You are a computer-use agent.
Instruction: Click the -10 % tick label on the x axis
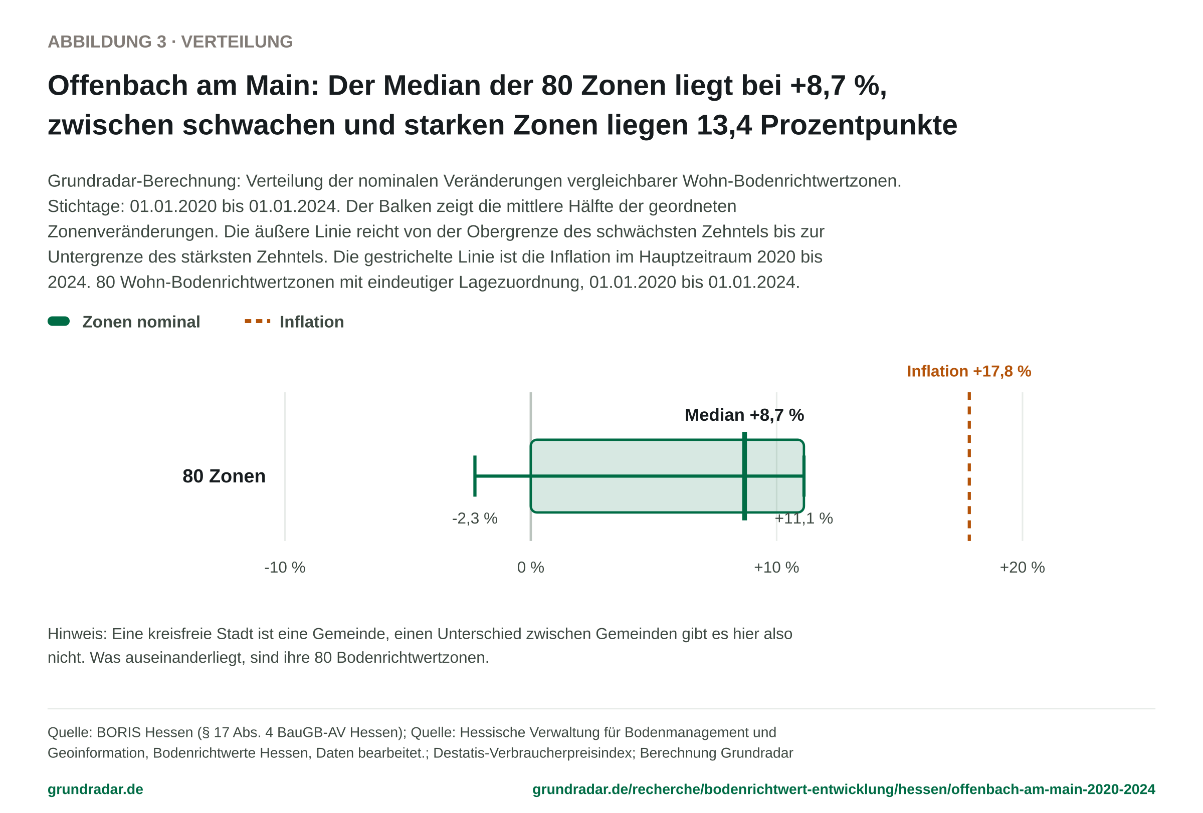(x=285, y=568)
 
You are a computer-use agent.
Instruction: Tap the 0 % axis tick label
(x=531, y=568)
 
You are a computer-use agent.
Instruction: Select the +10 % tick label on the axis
(x=776, y=568)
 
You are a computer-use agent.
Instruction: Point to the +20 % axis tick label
(x=1023, y=568)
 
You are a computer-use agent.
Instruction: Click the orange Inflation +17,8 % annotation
(x=969, y=371)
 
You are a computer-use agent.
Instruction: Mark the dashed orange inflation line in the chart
(x=969, y=466)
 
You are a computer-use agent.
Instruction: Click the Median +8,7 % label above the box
(x=744, y=415)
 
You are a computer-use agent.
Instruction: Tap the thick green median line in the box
(x=744, y=476)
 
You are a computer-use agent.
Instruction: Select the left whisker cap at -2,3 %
(x=475, y=476)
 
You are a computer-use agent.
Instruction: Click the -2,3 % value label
(x=475, y=518)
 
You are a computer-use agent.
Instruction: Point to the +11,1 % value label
(x=804, y=518)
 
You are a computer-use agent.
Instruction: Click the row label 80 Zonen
(x=224, y=476)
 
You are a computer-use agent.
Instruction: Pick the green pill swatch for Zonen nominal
(x=59, y=321)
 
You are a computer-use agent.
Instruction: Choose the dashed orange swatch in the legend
(x=257, y=321)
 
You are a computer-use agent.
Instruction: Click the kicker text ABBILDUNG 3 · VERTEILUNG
(x=170, y=42)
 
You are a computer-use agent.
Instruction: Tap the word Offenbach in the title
(x=118, y=85)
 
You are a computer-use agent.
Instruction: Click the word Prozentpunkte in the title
(x=859, y=125)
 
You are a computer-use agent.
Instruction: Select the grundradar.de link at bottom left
(x=95, y=789)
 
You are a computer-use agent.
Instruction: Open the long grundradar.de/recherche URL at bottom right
(x=844, y=789)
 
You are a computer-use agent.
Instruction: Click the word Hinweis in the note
(x=77, y=634)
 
